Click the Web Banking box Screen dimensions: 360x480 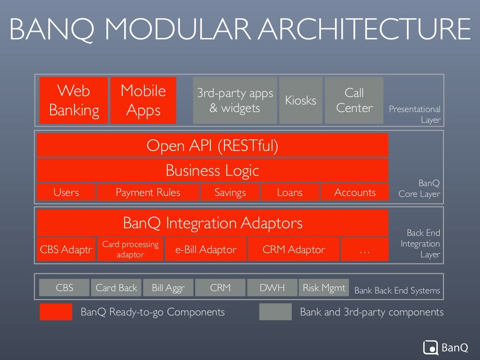pos(74,100)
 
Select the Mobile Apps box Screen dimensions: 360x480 pos(143,100)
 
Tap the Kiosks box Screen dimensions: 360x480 pos(300,100)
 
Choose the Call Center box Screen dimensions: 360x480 pos(354,100)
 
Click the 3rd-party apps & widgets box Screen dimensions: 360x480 pos(235,100)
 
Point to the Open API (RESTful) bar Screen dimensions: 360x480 pos(212,145)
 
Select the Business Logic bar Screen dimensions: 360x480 pos(212,170)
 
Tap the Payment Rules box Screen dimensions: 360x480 pos(148,192)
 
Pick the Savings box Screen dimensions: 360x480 pos(230,192)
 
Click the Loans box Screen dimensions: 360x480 pos(290,192)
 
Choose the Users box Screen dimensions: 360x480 pos(66,192)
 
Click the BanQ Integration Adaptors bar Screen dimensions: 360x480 pos(212,223)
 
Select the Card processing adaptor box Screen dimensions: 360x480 pos(130,249)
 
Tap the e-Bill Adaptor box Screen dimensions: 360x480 pos(205,249)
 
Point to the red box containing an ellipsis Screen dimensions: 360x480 pos(364,249)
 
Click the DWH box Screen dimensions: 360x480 pos(272,287)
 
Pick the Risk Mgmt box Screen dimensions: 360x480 pos(324,287)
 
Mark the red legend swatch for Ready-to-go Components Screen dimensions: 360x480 pos(56,312)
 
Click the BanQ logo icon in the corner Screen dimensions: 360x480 pos(430,347)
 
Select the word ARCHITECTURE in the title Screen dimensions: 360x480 pos(365,29)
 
